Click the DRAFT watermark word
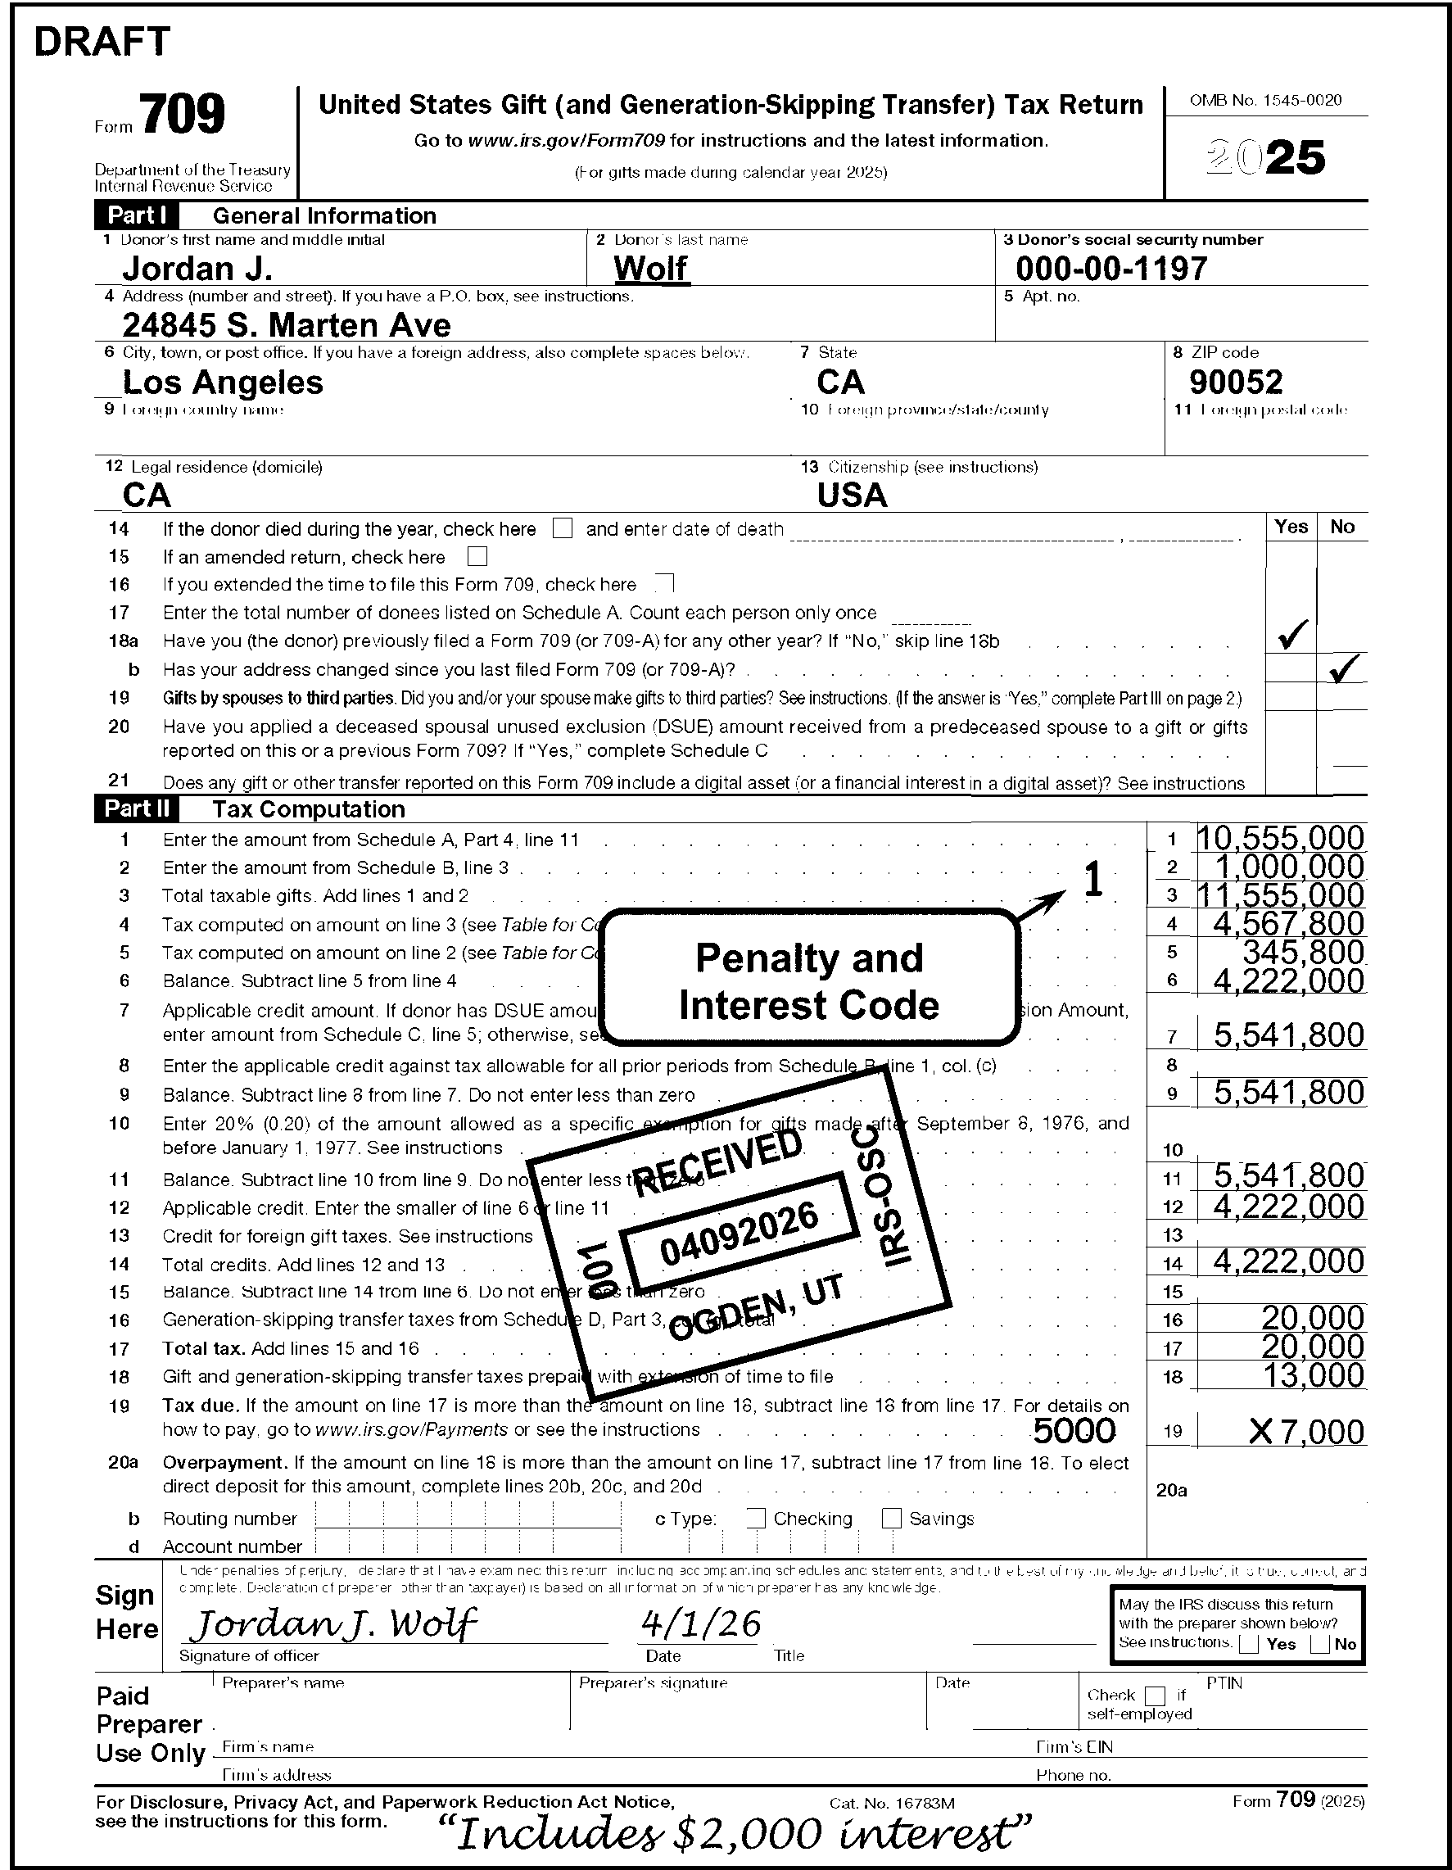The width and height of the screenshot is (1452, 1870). (102, 42)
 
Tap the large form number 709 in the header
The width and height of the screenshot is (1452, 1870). (183, 115)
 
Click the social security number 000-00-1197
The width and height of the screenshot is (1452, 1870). (1111, 269)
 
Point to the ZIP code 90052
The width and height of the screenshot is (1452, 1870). (1236, 382)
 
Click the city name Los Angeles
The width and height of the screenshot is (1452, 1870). (223, 382)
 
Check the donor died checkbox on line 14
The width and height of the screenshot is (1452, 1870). (563, 529)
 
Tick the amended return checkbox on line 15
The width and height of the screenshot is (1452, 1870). (477, 558)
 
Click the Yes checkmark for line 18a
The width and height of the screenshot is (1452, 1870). (1291, 636)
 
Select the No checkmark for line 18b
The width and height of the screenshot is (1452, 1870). (1342, 668)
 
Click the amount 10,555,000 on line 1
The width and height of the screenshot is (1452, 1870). (1280, 838)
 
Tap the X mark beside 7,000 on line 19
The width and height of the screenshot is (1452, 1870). (1260, 1432)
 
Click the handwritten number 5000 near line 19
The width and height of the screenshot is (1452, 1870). (1074, 1431)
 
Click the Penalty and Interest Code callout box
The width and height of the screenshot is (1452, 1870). (809, 981)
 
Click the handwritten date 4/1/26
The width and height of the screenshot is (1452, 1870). (700, 1623)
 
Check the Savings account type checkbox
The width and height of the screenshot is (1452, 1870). (891, 1518)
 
